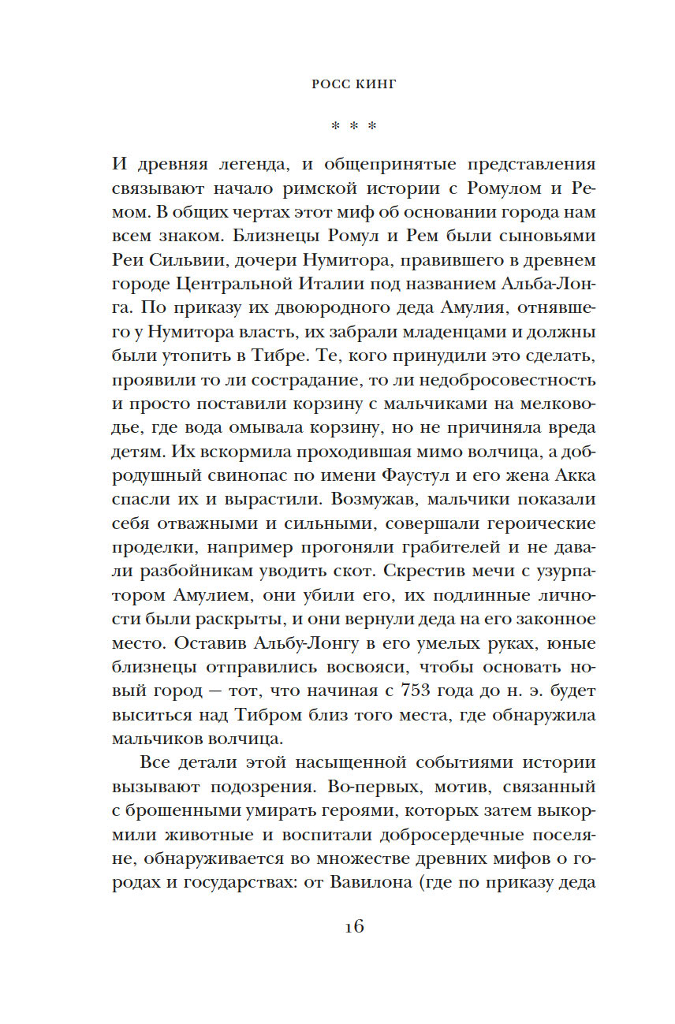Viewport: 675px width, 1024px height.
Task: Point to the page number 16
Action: tap(352, 926)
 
